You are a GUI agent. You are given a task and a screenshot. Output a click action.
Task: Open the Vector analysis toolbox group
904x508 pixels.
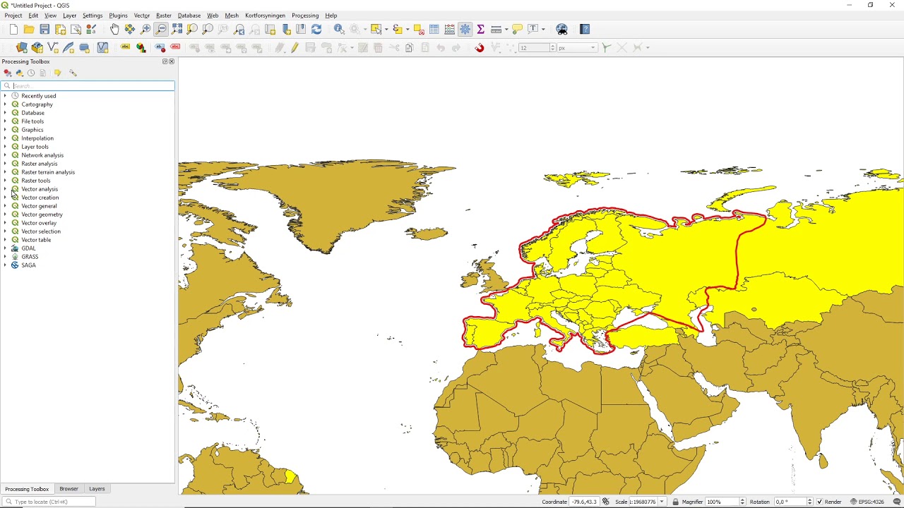pos(40,189)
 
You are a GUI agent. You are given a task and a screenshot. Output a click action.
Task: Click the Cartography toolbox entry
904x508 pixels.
pos(37,104)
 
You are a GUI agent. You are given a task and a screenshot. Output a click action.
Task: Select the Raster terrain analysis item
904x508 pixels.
pos(47,172)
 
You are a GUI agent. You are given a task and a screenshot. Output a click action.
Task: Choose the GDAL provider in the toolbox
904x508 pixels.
pos(28,248)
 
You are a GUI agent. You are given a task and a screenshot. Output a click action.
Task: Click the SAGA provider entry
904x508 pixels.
pos(28,265)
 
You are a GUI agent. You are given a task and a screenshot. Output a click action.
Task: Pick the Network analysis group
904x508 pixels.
pos(42,155)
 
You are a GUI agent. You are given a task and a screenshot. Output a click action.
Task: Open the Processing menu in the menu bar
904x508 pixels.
pos(305,16)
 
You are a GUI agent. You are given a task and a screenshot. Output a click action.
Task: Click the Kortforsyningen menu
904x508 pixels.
pos(265,16)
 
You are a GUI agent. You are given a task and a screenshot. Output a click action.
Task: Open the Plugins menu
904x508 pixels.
pos(118,16)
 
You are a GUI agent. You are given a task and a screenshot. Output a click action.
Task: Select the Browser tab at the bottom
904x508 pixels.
pos(69,489)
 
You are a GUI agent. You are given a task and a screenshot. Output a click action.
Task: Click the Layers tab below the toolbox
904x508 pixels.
pos(97,489)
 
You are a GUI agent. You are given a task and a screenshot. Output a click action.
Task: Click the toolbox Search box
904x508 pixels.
pos(92,86)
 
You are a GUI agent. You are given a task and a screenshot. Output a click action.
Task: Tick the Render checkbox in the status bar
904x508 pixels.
pos(819,502)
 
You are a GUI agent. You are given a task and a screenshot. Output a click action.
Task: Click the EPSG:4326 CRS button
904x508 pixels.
pos(868,502)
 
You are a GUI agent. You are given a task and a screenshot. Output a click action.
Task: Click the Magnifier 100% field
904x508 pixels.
pos(720,502)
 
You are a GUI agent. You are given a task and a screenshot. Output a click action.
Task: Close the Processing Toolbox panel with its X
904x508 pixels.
pos(172,61)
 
